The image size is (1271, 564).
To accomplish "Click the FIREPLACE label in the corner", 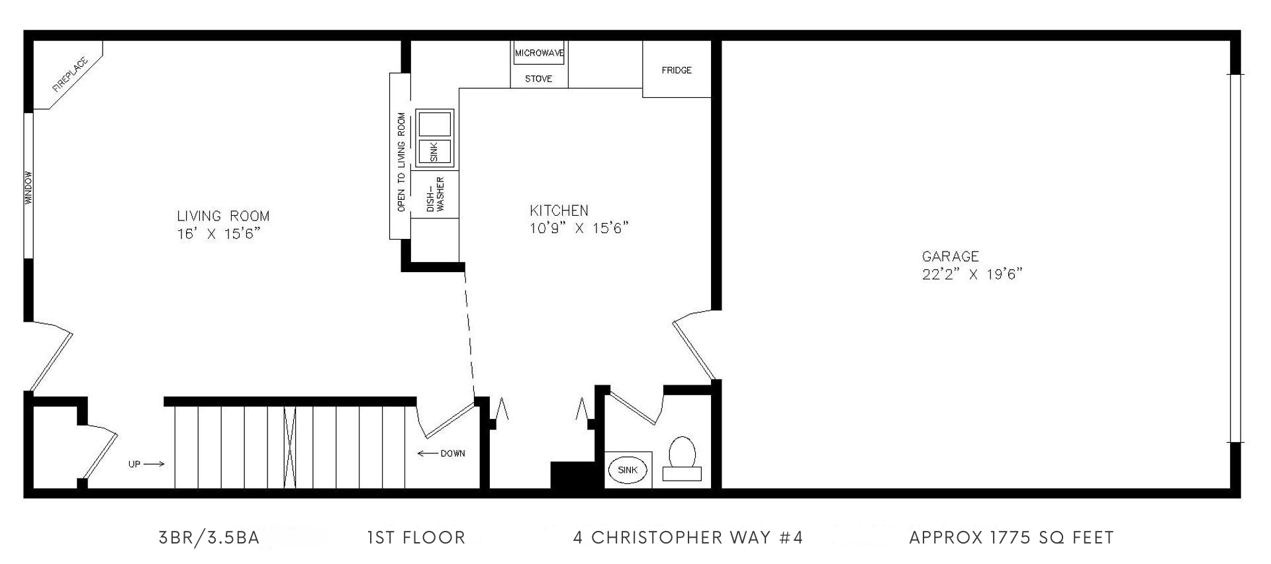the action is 70,74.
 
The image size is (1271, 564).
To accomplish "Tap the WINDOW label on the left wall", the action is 28,188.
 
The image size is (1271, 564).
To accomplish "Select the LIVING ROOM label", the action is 223,216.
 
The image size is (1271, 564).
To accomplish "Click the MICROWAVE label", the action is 540,52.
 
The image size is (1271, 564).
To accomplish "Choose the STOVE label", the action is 538,79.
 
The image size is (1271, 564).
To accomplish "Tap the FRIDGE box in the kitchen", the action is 677,69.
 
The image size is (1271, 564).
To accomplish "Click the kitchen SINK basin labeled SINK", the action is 434,152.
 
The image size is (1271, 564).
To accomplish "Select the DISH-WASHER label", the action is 435,194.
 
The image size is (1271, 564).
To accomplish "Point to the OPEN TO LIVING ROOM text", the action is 400,162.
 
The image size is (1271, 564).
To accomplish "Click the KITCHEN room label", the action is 559,211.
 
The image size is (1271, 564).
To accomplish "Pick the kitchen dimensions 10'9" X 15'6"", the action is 579,228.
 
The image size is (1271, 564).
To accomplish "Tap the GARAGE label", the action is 950,256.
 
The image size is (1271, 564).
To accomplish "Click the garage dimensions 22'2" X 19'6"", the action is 972,274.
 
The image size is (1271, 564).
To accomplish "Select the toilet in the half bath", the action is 682,459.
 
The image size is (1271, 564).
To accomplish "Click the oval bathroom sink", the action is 628,470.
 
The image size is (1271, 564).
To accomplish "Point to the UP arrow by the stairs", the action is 154,464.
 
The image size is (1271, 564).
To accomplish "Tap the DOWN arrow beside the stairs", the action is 428,453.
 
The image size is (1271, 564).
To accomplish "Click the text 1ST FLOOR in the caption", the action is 416,538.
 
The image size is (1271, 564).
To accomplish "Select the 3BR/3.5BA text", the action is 209,538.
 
